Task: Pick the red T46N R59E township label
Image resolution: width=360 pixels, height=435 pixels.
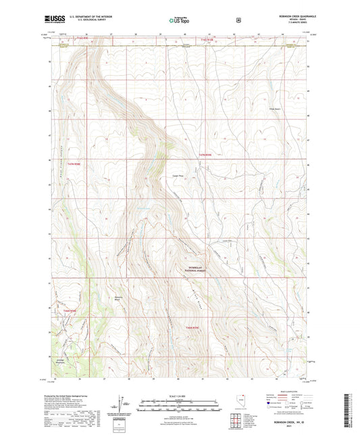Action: (x=194, y=328)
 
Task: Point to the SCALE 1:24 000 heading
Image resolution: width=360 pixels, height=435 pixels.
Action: (x=178, y=396)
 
